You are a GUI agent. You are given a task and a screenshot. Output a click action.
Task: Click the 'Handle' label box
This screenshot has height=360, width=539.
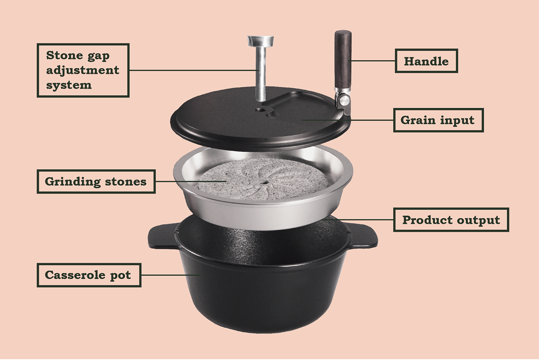tap(426, 61)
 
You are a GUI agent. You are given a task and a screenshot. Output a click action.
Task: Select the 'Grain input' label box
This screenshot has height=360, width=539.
tap(438, 120)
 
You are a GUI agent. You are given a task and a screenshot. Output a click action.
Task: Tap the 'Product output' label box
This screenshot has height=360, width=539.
tap(451, 220)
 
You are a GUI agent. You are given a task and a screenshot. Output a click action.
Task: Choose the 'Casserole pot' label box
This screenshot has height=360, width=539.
tap(88, 274)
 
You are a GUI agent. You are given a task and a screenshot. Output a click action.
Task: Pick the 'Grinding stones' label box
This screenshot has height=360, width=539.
tap(96, 181)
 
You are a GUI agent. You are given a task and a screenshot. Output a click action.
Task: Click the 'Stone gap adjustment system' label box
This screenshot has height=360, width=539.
tap(83, 70)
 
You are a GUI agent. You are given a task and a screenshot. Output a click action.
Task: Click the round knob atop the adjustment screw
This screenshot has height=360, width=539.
tap(260, 41)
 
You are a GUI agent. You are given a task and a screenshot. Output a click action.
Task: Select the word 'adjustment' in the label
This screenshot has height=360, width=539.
tap(83, 70)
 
